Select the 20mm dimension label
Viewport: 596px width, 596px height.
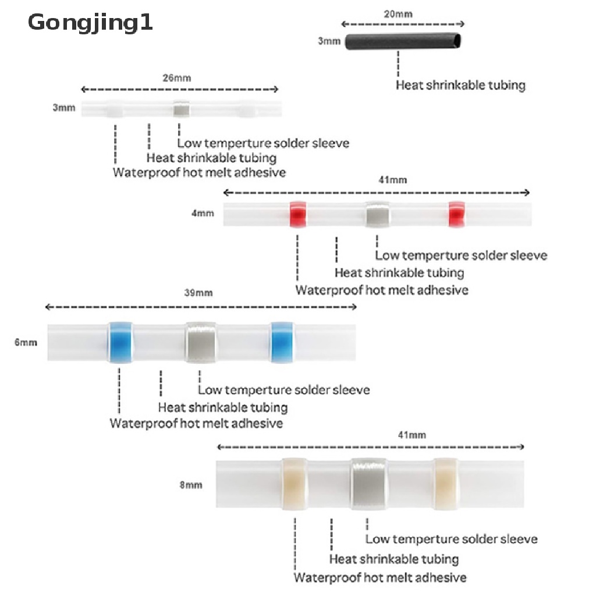click(402, 13)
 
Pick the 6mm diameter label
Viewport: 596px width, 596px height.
click(26, 342)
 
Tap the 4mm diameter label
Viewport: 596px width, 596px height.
click(203, 214)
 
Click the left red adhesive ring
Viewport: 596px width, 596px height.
click(299, 215)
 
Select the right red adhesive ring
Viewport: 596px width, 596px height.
click(456, 215)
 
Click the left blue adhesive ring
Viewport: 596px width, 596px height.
click(119, 342)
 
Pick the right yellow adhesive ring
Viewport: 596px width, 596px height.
click(446, 483)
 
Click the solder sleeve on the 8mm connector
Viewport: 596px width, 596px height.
click(368, 483)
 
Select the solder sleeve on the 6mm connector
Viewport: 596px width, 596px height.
click(201, 342)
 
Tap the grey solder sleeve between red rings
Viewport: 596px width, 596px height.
click(377, 215)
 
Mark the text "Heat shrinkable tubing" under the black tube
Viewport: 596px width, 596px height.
click(460, 85)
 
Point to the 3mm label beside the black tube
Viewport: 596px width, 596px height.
click(329, 42)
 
